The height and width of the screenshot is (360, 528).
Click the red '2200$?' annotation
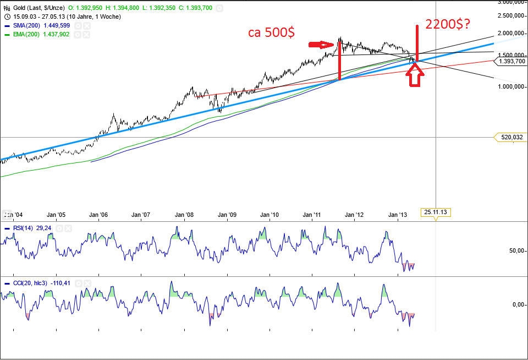tap(447, 24)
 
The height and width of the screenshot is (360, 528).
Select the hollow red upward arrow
tap(416, 74)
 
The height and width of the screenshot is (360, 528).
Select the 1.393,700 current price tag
tap(510, 61)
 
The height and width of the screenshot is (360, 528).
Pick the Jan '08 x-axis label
tap(184, 215)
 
